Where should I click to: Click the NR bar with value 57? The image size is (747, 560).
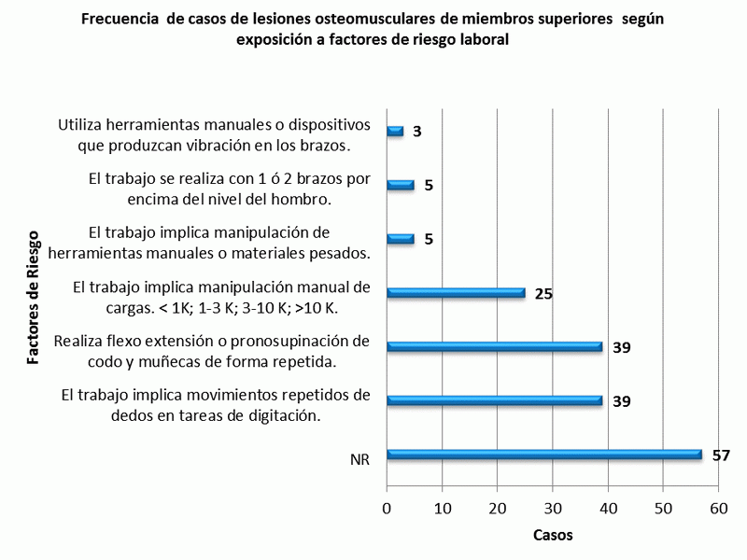[x=544, y=455]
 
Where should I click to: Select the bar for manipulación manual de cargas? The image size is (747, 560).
[x=456, y=292]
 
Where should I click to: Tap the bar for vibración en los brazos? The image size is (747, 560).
[x=395, y=132]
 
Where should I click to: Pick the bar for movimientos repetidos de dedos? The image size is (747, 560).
[x=495, y=400]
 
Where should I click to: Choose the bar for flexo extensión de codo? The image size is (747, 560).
[x=495, y=346]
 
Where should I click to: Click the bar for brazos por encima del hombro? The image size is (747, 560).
[x=401, y=185]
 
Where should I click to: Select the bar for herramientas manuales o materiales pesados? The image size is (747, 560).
[x=401, y=239]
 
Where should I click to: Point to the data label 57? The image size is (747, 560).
[x=720, y=455]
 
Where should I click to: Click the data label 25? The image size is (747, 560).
[x=543, y=293]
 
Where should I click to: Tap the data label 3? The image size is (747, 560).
[x=416, y=132]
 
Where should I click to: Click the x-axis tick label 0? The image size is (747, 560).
[x=388, y=509]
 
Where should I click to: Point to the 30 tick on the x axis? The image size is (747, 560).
[x=553, y=509]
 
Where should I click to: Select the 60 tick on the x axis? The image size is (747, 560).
[x=718, y=509]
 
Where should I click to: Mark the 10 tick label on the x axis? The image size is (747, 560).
[x=443, y=509]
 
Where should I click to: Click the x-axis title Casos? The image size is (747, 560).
[x=553, y=536]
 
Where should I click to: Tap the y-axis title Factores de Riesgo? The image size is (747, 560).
[x=34, y=297]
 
